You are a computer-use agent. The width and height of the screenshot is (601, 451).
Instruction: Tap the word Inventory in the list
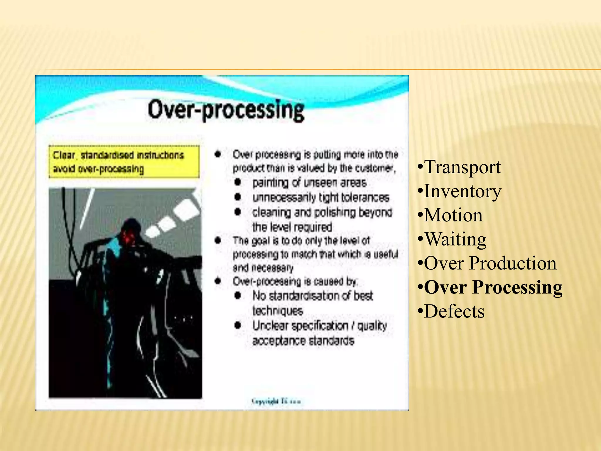coord(463,191)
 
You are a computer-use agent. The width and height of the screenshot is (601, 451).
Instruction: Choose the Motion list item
coord(453,215)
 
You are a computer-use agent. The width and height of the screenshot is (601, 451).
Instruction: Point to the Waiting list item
coord(455,239)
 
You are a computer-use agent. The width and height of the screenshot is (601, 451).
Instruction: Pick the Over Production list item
coord(490,263)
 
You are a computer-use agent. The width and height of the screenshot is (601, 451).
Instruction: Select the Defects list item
coord(454,311)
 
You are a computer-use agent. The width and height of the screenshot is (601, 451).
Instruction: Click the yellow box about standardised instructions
coord(124,162)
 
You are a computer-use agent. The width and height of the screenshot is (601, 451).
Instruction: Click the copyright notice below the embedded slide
coord(276,401)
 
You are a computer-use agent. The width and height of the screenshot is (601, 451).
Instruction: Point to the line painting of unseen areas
coord(309,183)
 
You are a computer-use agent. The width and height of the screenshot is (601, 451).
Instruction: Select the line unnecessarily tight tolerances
coord(321,197)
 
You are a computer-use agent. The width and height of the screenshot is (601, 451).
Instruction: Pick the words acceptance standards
coord(303,341)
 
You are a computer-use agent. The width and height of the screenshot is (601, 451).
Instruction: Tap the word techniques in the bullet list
coord(278,311)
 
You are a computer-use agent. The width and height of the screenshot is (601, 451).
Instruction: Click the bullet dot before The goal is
coord(217,241)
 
